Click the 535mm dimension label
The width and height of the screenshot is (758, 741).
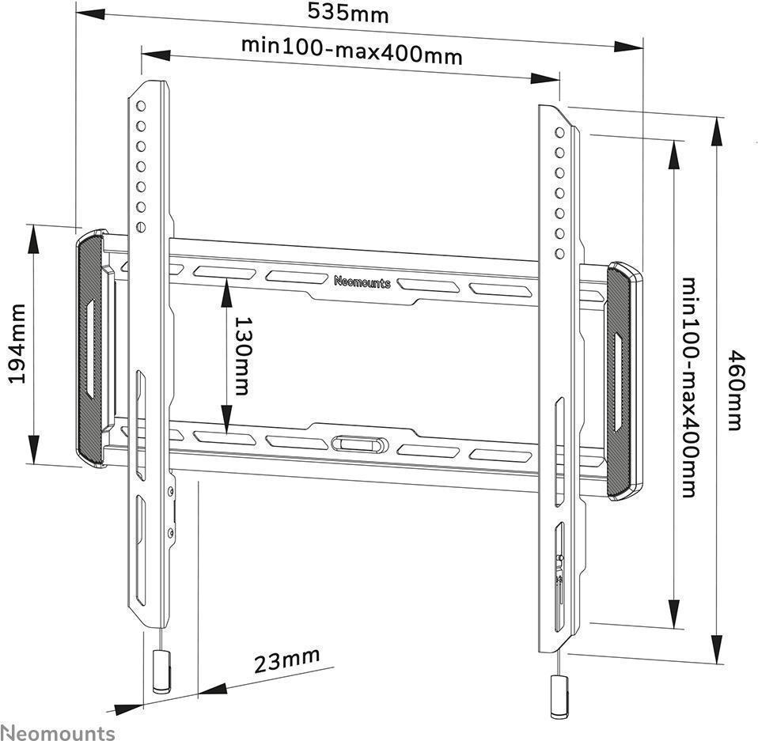[348, 13]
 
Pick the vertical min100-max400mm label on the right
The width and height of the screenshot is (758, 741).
[688, 388]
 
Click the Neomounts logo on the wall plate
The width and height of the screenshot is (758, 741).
[362, 282]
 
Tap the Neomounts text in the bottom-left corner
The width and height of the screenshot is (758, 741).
[57, 732]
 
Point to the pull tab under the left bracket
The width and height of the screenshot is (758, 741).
[161, 671]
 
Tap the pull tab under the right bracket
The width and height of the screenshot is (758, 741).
[559, 696]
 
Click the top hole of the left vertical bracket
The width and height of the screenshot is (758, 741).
[140, 105]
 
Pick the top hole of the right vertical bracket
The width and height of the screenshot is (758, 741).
[559, 132]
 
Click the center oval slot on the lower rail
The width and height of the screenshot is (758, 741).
[359, 444]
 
